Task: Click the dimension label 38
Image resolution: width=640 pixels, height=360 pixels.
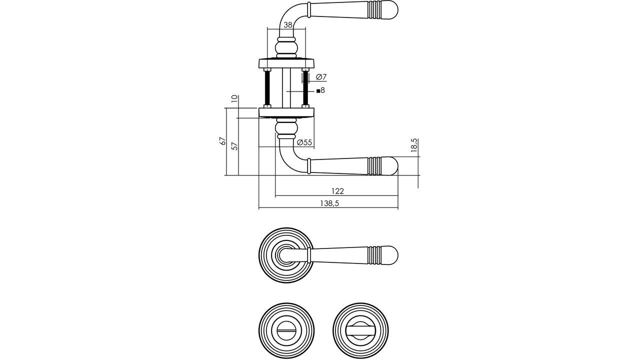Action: pos(287,25)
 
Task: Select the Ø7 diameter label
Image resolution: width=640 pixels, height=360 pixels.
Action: pos(321,77)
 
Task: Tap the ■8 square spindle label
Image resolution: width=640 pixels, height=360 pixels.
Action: pos(320,90)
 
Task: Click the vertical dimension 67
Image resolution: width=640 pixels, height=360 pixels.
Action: pos(223,141)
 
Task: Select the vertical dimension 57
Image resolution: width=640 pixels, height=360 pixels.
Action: pos(234,146)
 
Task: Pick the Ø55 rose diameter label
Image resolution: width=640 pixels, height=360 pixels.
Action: pos(304,142)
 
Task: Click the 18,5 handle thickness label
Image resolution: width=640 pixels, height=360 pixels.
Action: pos(414,145)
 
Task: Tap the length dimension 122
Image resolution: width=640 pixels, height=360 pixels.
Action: pos(337,191)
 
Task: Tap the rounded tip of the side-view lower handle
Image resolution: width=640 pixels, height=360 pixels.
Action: pos(393,166)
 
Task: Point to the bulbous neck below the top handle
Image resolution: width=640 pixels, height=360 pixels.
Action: pos(286,48)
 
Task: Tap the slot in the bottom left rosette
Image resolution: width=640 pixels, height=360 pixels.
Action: pos(286,330)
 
